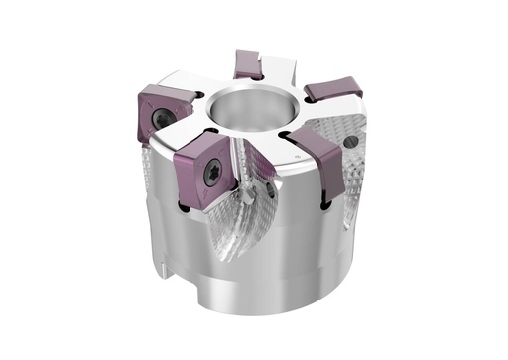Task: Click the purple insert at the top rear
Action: pos(248,64)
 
